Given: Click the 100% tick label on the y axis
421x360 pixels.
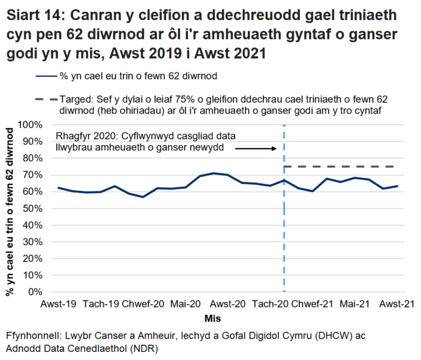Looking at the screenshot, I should pyautogui.click(x=32, y=124).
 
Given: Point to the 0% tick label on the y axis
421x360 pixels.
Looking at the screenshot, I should pyautogui.click(x=36, y=292).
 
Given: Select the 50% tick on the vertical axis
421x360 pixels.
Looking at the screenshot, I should pyautogui.click(x=34, y=208).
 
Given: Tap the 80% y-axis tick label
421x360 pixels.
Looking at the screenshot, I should pyautogui.click(x=34, y=158).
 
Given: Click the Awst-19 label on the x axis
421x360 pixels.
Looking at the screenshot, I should pyautogui.click(x=59, y=304).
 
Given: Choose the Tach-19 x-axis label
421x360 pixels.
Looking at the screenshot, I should pyautogui.click(x=101, y=304).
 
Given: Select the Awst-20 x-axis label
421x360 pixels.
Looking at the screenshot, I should pyautogui.click(x=228, y=304).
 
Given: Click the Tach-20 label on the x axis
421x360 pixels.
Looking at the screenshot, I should pyautogui.click(x=270, y=304).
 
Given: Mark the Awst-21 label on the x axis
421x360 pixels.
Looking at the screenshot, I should pyautogui.click(x=397, y=304).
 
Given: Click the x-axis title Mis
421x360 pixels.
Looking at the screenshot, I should pyautogui.click(x=230, y=319).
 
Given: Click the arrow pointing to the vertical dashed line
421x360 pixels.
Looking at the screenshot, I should pyautogui.click(x=255, y=149).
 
